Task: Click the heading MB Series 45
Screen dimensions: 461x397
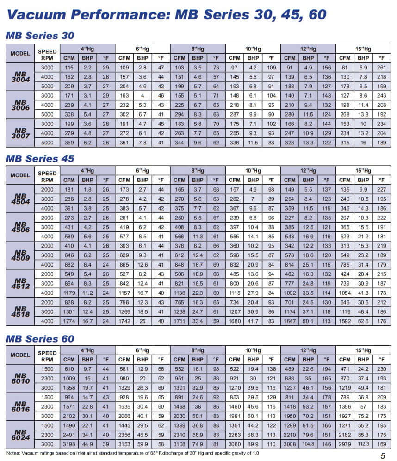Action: coord(40,159)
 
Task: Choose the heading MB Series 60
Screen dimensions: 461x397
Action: coord(40,339)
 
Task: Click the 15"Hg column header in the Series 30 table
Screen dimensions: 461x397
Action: coord(363,49)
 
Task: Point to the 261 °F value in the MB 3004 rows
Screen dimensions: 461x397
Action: coord(382,68)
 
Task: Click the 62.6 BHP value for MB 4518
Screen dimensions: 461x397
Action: coord(363,320)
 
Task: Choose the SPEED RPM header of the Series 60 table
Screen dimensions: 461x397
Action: coord(47,356)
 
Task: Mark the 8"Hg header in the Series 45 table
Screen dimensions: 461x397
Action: coord(198,171)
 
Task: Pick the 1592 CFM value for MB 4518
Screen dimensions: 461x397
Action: coord(345,320)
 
